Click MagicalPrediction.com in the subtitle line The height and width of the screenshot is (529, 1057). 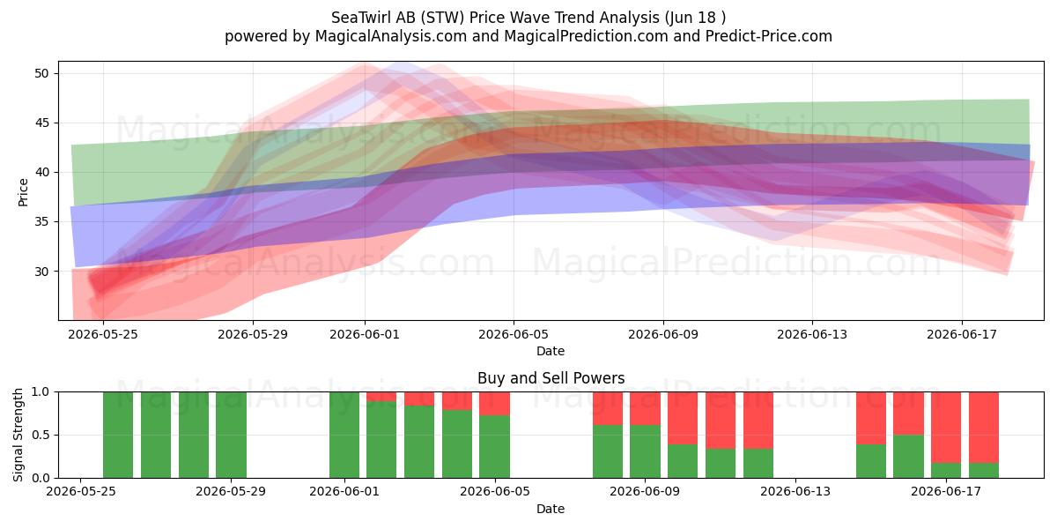point(586,36)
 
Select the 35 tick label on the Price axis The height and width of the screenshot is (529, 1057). point(41,221)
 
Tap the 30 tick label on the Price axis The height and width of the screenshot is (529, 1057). point(41,272)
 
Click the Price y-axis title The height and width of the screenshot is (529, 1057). point(23,192)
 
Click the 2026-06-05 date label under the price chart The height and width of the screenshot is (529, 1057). point(514,334)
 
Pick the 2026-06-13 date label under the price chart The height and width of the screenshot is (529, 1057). point(812,334)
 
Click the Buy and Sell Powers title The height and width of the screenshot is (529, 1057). point(551,378)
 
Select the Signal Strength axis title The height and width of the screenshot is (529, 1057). point(18,435)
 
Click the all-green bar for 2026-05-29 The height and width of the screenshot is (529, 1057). point(231,435)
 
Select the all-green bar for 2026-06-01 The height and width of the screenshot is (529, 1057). point(344,435)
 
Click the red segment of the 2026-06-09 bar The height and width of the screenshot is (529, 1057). point(645,408)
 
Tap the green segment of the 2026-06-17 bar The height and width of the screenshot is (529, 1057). point(946,471)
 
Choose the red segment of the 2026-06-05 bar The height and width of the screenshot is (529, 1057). point(494,404)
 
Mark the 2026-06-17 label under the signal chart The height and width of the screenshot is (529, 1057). point(946,491)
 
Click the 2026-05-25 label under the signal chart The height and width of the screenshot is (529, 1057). point(81,491)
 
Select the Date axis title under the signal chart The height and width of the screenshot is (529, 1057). point(551,509)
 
